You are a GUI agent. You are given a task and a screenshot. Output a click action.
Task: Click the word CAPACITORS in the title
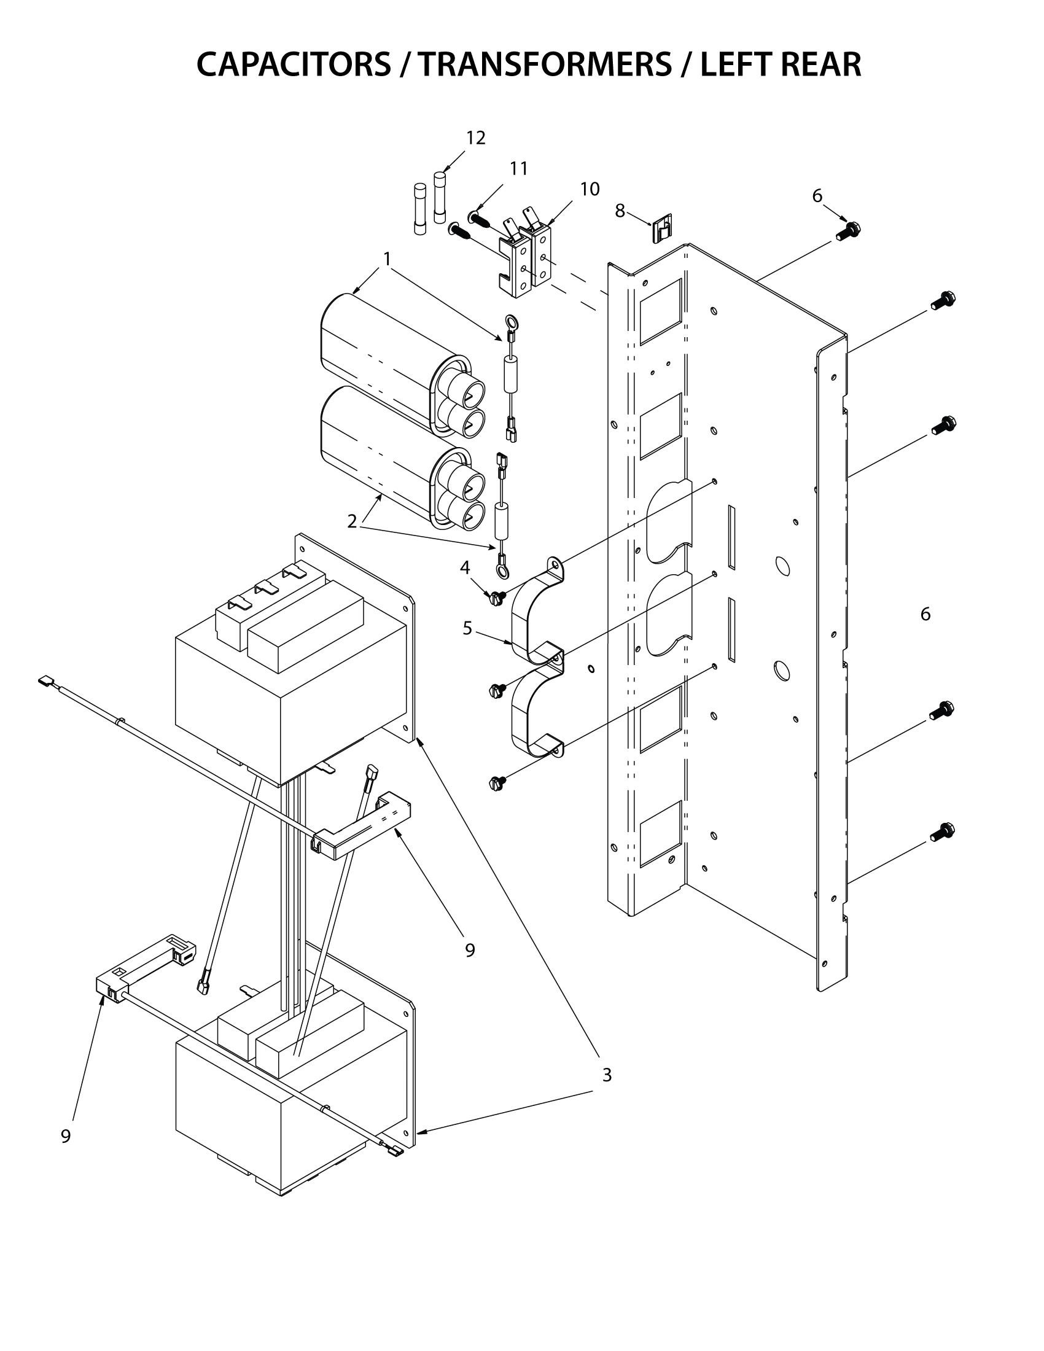coord(294,64)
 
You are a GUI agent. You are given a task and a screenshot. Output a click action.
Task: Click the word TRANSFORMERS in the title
coord(543,64)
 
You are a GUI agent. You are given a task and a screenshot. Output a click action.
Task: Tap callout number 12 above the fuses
coord(475,138)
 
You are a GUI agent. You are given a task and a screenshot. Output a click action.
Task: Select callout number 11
coord(518,168)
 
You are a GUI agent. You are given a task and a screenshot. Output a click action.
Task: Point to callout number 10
coord(590,189)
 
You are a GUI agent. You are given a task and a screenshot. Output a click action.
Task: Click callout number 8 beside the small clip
coord(620,211)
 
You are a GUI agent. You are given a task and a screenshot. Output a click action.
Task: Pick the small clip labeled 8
coord(662,228)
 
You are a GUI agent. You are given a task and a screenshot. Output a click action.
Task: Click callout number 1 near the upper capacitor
coord(387,259)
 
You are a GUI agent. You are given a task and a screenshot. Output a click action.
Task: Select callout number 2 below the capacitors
coord(352,521)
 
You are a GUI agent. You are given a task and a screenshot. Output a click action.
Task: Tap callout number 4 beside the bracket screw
coord(464,567)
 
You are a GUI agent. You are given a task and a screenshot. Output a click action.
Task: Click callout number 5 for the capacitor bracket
coord(467,628)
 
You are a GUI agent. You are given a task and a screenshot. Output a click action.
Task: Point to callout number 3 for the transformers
coord(607,1075)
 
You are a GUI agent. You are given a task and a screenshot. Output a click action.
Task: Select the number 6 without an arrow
coord(925,613)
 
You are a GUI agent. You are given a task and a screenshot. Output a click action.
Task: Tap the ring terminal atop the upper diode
coord(511,322)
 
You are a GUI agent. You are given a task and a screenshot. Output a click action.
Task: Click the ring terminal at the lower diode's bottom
coord(502,570)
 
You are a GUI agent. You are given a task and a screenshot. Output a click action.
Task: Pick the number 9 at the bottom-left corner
coord(66,1135)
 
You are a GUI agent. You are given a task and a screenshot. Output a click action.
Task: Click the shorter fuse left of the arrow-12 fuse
coord(419,208)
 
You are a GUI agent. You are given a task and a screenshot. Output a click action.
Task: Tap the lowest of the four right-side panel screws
coord(941,831)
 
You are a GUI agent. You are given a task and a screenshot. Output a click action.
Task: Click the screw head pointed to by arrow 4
coord(496,598)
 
